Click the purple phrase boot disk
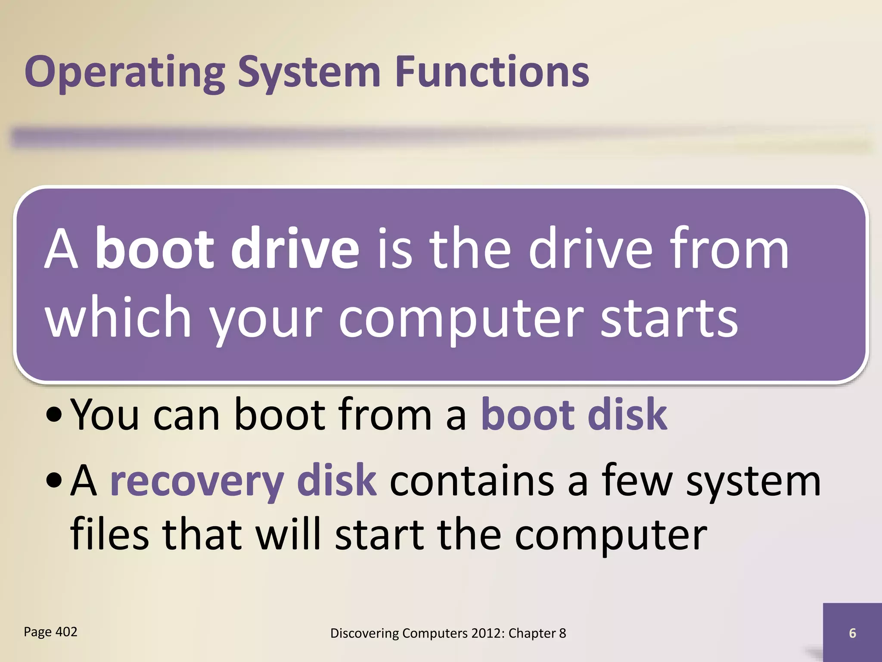coord(574,415)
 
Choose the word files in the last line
coord(109,534)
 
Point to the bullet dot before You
coord(54,417)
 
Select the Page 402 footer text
coord(50,632)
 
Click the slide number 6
coord(852,633)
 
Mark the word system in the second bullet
coord(753,482)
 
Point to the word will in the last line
coord(288,534)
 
